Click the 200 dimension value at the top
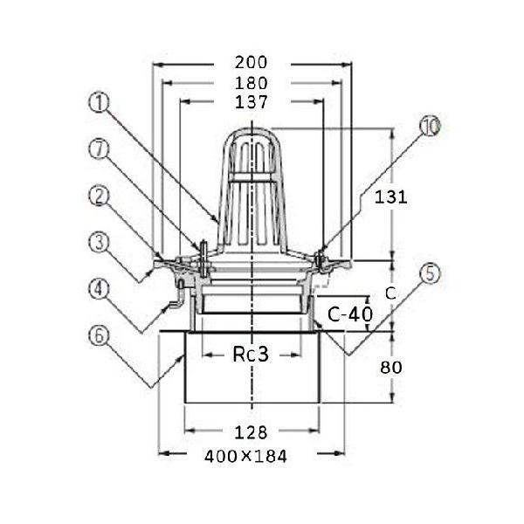tap(251, 63)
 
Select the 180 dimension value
tap(252, 83)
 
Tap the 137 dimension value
tap(252, 102)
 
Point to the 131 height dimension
tap(390, 197)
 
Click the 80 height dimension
tap(391, 368)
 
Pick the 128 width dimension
tap(251, 432)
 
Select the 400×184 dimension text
tap(245, 457)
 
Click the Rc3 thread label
tap(251, 355)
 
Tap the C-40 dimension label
tap(350, 314)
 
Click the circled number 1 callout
tap(100, 102)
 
